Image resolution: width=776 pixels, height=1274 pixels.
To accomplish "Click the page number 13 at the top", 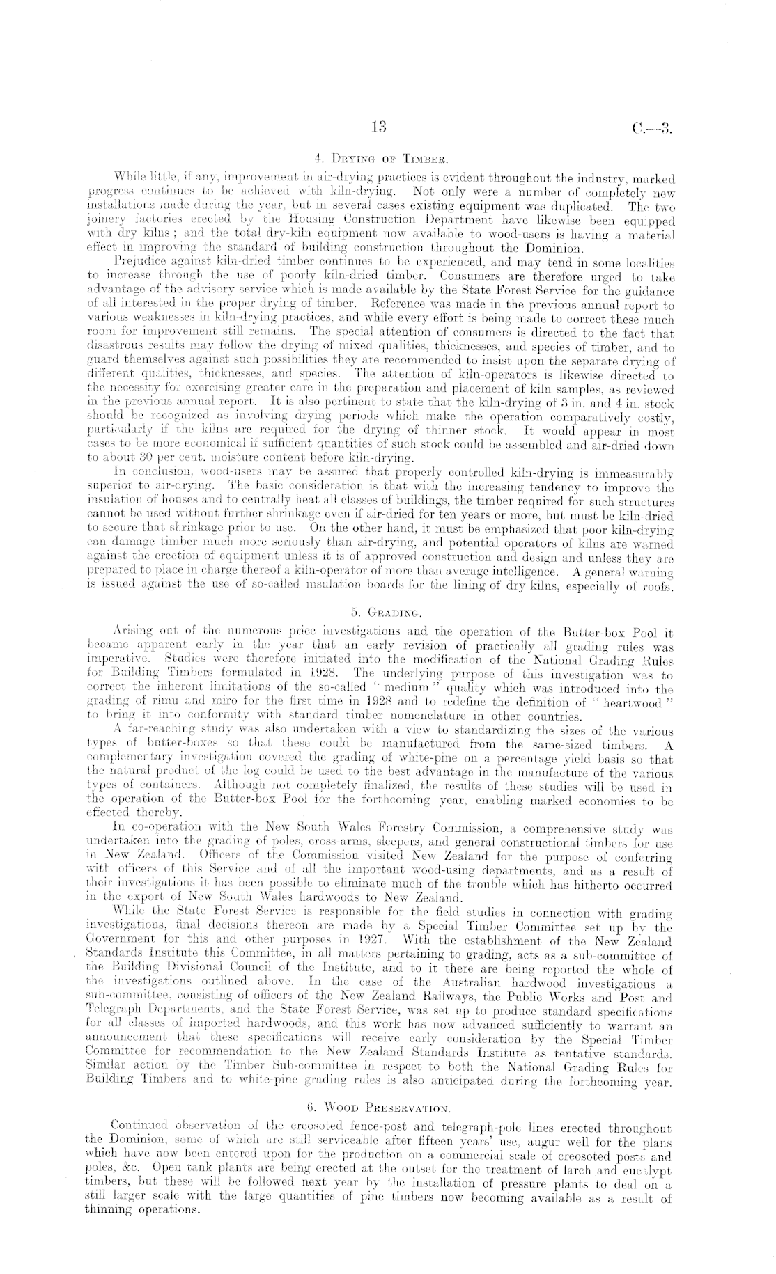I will point(380,127).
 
